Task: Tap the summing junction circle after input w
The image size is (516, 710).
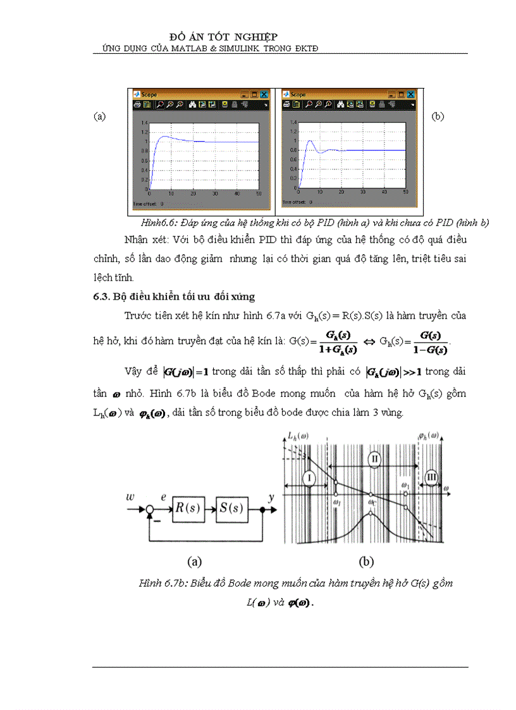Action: (x=149, y=509)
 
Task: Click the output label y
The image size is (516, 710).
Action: (x=271, y=498)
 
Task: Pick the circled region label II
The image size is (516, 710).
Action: (x=374, y=458)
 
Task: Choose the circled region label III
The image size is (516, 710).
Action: (x=432, y=478)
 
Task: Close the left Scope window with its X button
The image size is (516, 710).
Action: (x=264, y=94)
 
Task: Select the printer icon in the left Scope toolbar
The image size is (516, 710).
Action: (x=136, y=104)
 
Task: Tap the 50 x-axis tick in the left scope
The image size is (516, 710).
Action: (x=259, y=193)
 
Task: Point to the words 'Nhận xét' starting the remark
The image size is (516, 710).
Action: (x=144, y=240)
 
